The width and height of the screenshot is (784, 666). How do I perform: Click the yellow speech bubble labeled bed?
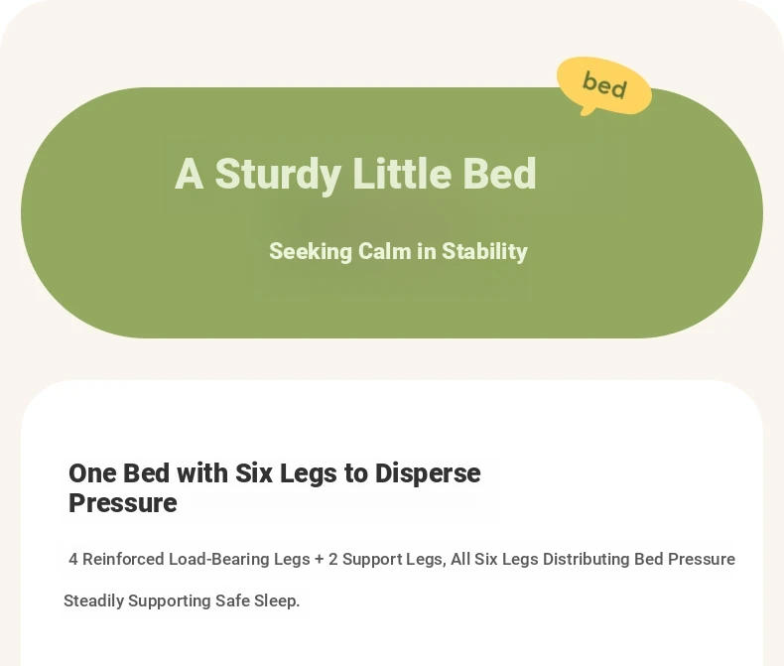(604, 85)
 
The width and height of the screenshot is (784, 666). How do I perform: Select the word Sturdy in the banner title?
(278, 174)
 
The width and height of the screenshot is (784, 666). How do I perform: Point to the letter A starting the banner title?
(189, 174)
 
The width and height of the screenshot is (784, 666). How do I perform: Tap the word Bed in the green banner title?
(499, 173)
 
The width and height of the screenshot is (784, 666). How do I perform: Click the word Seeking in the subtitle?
(311, 251)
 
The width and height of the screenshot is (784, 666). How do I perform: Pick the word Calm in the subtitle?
(384, 251)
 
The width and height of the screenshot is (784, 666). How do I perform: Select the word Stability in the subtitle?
(484, 251)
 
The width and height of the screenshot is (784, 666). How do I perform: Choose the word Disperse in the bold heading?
(428, 473)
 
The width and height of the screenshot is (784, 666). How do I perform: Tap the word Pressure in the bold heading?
(122, 503)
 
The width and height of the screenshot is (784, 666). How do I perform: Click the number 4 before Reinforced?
(73, 559)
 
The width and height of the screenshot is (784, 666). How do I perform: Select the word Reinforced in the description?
(123, 559)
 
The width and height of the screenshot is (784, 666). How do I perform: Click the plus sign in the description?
(320, 559)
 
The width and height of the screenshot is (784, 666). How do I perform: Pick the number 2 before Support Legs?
(333, 559)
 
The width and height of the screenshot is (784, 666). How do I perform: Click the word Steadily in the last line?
(93, 600)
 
